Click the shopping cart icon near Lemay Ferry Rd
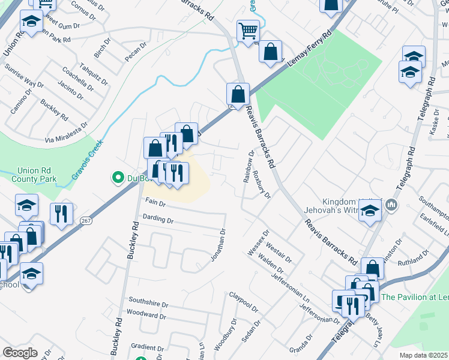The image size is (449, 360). click(x=248, y=31)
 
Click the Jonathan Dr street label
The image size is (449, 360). click(x=218, y=245)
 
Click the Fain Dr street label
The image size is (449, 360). click(x=154, y=203)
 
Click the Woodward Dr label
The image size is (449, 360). click(x=146, y=314)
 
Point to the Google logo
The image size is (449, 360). click(x=19, y=353)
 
